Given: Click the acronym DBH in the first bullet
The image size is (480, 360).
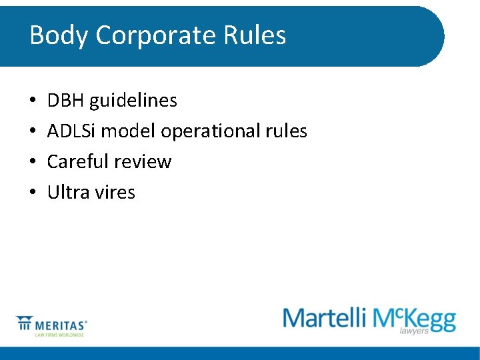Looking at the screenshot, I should click(x=65, y=101).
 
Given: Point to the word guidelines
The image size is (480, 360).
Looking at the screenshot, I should click(x=133, y=101).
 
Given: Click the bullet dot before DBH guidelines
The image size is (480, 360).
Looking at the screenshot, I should click(x=33, y=101).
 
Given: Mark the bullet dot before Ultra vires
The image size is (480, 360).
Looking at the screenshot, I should click(x=33, y=193).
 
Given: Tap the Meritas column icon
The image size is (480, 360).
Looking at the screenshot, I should click(x=25, y=323).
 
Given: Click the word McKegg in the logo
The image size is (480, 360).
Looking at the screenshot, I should click(x=414, y=318).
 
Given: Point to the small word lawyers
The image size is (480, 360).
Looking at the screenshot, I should click(x=413, y=331).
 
